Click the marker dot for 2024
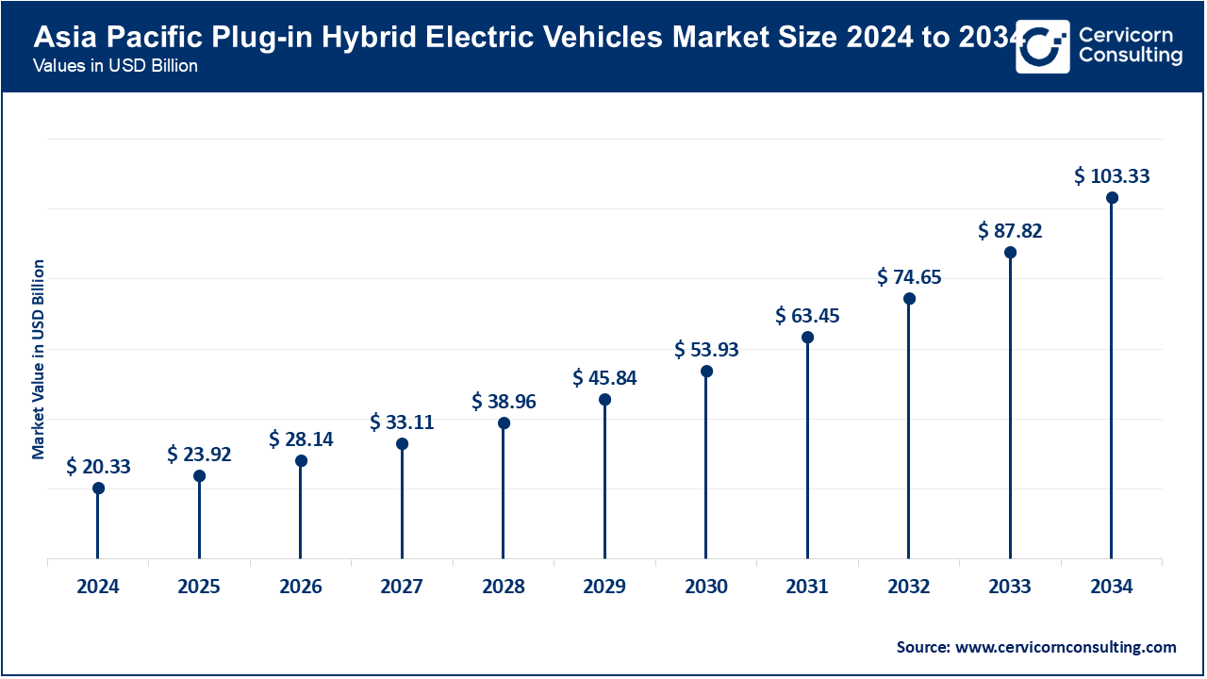98,489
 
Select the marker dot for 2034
1112,198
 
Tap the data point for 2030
706,372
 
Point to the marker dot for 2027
402,444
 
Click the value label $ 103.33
1112,176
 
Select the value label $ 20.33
98,467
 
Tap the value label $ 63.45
807,315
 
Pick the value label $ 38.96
504,401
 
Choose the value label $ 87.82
1010,231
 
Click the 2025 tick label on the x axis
199,587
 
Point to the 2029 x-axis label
604,587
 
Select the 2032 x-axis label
909,587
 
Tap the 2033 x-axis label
1010,587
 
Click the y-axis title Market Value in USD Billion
39,358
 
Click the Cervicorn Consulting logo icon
1042,45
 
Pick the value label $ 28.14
301,439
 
